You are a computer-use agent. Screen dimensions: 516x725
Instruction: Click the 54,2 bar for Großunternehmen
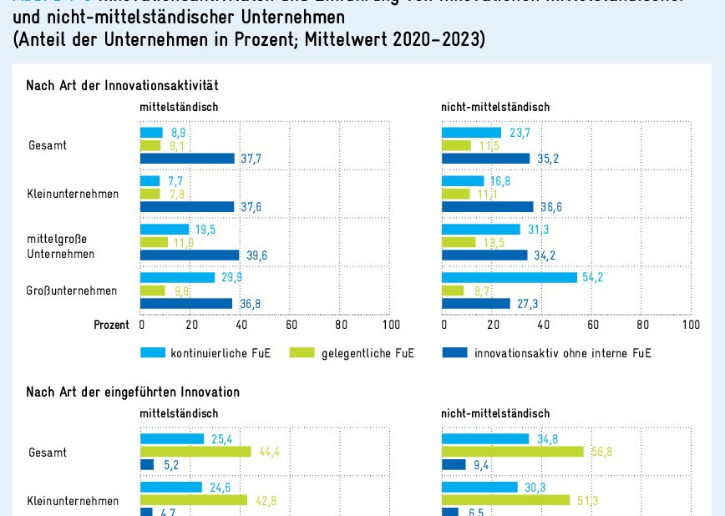(x=510, y=277)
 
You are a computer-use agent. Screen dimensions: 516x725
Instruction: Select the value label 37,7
(x=251, y=159)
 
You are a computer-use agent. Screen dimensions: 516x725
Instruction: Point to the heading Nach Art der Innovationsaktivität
(x=123, y=85)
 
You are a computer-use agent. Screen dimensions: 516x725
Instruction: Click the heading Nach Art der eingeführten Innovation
(x=133, y=392)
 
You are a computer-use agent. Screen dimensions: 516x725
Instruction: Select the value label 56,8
(x=601, y=452)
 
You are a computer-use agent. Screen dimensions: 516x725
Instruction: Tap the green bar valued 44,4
(x=195, y=452)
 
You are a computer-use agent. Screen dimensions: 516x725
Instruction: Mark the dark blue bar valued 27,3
(x=476, y=304)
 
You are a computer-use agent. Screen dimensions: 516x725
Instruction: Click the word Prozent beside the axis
(x=111, y=325)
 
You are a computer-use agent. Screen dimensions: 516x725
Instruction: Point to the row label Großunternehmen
(x=71, y=291)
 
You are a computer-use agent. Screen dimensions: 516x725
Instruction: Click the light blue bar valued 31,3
(x=481, y=229)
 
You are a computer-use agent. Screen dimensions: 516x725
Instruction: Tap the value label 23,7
(x=519, y=132)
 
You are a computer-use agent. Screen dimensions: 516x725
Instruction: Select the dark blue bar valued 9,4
(x=454, y=465)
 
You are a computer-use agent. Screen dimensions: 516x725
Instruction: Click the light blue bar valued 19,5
(x=165, y=229)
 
